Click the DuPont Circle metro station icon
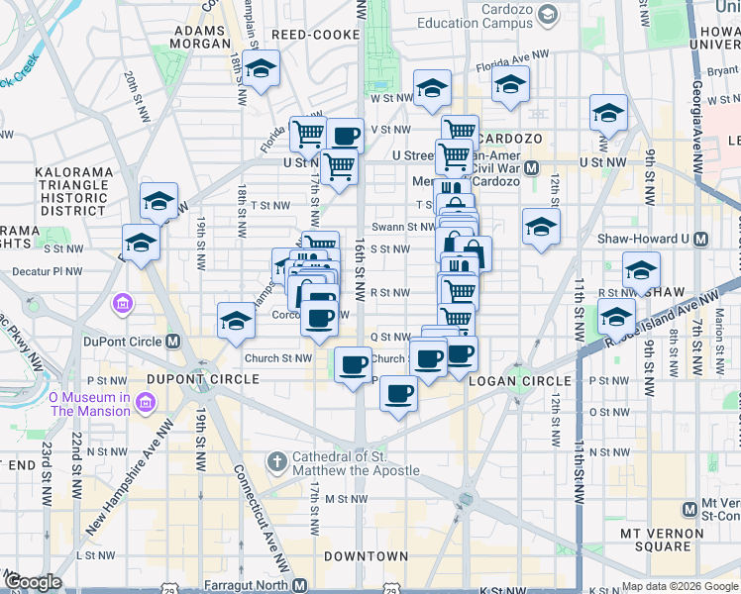172,342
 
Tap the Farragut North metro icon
299,585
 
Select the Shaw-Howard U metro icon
701,239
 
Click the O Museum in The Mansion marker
147,403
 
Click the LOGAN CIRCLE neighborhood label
520,380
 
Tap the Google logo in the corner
33,582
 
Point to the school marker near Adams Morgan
262,69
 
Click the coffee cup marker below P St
398,394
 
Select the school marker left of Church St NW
236,321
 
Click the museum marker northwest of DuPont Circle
123,301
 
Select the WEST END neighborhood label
20,465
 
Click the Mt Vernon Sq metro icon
690,509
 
